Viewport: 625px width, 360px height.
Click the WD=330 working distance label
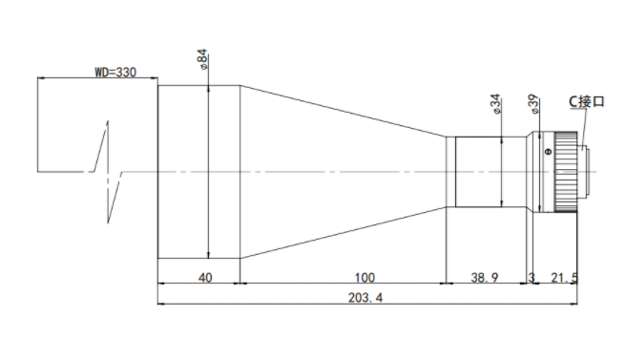point(115,73)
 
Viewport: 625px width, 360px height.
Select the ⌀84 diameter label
point(202,59)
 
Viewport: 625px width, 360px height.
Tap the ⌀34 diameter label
point(495,104)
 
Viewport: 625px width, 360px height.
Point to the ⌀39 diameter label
point(534,104)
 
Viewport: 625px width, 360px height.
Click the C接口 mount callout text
point(586,101)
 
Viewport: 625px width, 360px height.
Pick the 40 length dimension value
point(205,277)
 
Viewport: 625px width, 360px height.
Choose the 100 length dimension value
point(365,277)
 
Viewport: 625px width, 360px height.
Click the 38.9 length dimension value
point(485,277)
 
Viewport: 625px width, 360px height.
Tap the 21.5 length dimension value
point(564,277)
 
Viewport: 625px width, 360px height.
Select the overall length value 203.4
point(365,298)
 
